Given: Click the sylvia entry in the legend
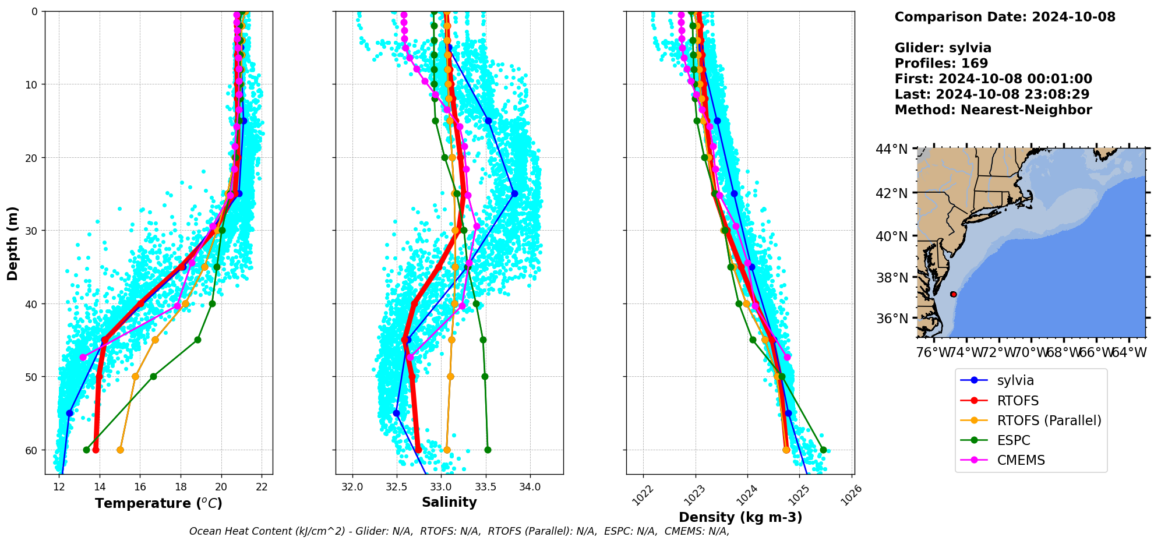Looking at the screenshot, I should point(1015,380).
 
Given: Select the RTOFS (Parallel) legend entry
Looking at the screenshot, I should point(1049,421).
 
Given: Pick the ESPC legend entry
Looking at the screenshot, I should point(1013,440).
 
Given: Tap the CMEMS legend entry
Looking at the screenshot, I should point(1021,460).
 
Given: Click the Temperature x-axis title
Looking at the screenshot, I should point(158,503).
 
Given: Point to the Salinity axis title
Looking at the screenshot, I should point(449,502).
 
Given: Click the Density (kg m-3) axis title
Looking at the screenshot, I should point(740,517).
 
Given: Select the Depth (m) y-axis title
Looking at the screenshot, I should point(13,243).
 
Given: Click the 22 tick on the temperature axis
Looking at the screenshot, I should point(262,488).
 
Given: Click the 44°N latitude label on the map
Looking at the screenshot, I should point(891,150).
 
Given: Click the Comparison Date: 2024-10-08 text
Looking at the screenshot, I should point(1005,17).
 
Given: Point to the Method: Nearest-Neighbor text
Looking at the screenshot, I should point(993,110).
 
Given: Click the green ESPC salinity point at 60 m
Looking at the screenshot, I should point(488,450).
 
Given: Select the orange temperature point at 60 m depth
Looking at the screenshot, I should point(120,450).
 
